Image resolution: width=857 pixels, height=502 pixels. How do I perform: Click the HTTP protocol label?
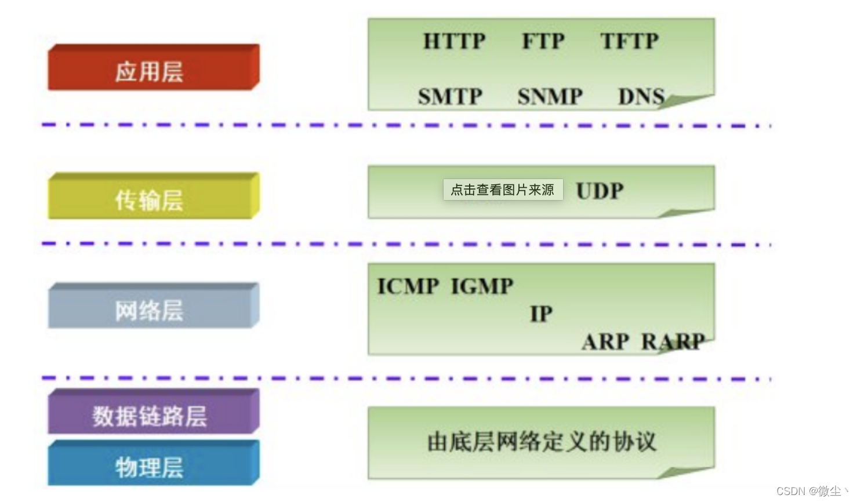click(454, 42)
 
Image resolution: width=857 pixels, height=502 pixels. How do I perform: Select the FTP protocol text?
click(543, 42)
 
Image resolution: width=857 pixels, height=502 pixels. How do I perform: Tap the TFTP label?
click(629, 42)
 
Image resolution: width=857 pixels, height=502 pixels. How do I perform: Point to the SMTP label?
click(450, 96)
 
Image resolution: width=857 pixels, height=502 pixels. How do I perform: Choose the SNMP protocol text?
click(550, 96)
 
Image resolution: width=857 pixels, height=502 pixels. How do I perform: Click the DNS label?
click(641, 96)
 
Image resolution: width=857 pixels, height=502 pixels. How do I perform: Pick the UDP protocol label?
click(600, 191)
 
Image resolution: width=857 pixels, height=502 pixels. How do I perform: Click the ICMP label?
click(408, 286)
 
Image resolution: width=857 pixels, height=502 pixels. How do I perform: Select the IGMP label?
click(482, 286)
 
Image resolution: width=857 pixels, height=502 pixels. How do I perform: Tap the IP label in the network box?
click(541, 314)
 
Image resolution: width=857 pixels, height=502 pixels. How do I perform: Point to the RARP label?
click(673, 342)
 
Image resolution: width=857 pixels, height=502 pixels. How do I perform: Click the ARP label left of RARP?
click(605, 342)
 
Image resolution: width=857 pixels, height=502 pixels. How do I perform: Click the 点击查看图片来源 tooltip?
click(503, 190)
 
